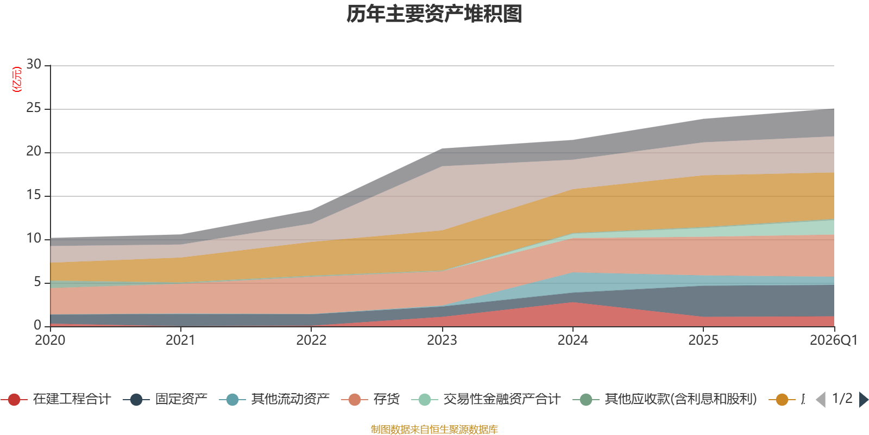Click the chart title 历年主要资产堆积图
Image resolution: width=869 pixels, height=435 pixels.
434,14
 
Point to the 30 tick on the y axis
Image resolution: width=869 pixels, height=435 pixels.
34,65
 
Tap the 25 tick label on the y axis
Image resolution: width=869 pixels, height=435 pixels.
34,108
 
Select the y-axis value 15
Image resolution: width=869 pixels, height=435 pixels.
34,195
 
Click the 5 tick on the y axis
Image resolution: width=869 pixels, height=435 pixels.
37,282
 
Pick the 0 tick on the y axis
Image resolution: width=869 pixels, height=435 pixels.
37,325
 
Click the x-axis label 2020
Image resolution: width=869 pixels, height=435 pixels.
50,340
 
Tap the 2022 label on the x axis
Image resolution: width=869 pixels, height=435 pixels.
311,340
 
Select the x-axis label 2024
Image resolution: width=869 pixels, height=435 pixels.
572,340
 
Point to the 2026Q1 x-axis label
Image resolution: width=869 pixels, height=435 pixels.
833,340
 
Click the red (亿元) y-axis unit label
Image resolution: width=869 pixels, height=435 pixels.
17,79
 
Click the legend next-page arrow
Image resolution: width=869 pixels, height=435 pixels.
864,400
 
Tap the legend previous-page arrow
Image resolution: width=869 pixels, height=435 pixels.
821,400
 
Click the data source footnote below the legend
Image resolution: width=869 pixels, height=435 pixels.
434,430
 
